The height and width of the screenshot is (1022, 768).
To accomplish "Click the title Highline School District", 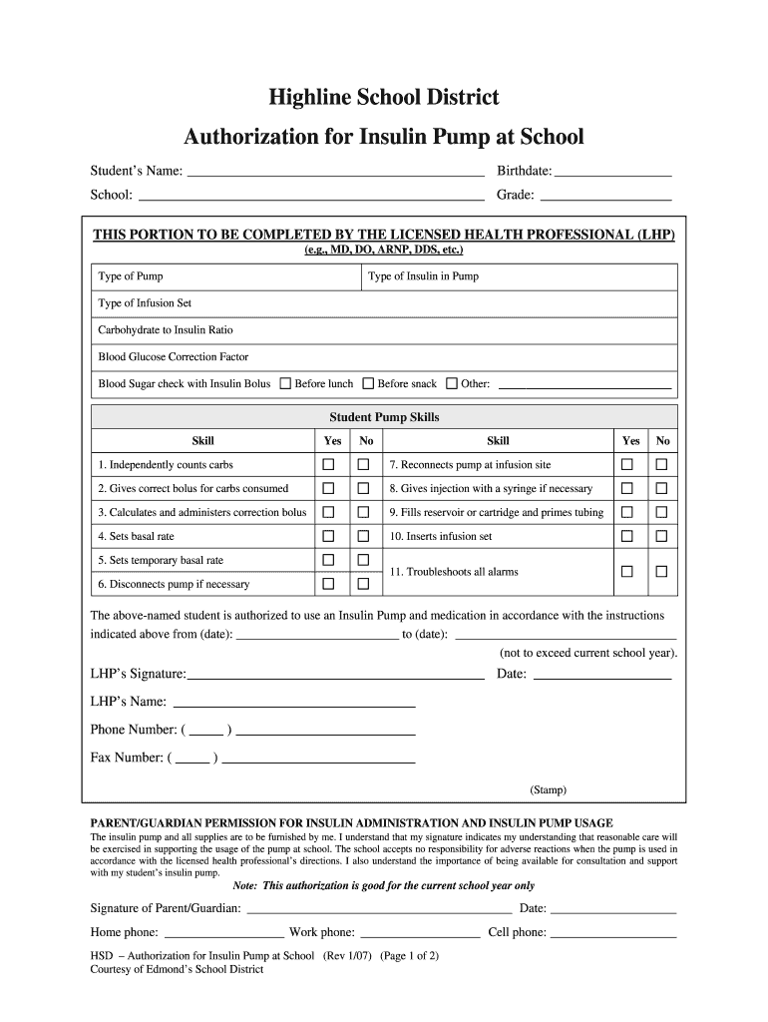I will (x=384, y=98).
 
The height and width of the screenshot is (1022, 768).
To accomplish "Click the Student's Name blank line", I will (x=335, y=171).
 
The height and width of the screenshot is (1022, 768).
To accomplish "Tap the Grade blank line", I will (x=604, y=195).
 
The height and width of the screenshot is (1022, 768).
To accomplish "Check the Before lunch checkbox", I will (x=285, y=383).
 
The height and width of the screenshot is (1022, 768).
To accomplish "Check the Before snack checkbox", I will (x=368, y=383).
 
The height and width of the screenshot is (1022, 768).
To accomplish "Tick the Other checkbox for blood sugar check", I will (x=451, y=383).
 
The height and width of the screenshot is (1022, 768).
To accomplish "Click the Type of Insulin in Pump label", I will (x=423, y=276).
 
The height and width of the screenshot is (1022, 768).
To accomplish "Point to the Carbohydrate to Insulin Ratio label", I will (x=166, y=330).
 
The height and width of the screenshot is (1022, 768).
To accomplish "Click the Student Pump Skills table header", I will (x=384, y=417).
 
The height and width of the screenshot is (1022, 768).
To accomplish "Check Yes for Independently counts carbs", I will (x=328, y=465).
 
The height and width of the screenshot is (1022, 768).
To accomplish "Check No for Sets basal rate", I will (x=363, y=536).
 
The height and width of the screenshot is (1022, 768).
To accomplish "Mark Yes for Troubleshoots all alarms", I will (x=627, y=572).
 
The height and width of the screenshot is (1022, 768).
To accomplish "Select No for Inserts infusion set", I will (x=660, y=536).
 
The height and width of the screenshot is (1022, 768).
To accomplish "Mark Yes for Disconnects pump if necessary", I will (x=328, y=584).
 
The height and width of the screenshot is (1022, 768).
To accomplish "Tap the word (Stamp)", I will (x=548, y=789).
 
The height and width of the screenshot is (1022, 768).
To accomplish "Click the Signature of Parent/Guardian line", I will (x=379, y=909).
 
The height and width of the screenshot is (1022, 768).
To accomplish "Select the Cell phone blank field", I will (x=613, y=934).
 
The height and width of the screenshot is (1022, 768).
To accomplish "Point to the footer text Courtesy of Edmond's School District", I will (x=177, y=969).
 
